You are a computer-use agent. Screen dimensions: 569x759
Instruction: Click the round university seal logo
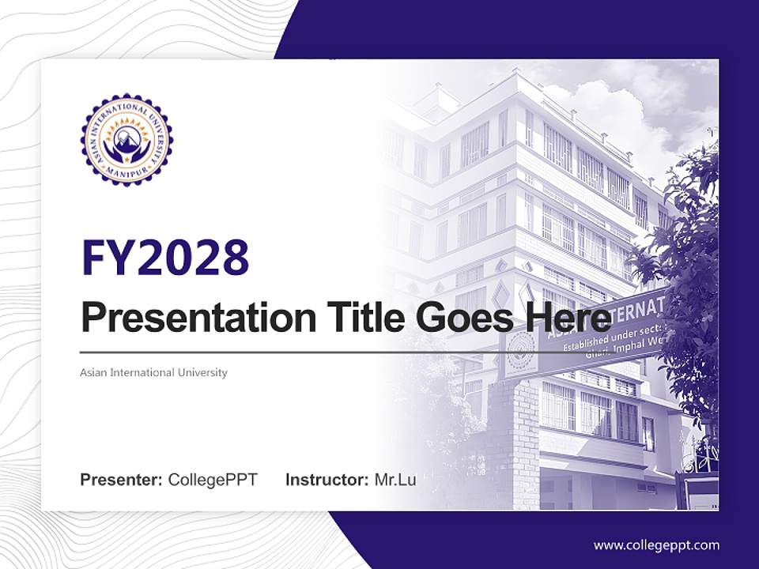pyautogui.click(x=126, y=139)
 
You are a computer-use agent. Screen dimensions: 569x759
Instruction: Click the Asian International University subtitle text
pyautogui.click(x=153, y=372)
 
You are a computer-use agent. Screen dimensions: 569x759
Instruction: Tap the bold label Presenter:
pyautogui.click(x=122, y=480)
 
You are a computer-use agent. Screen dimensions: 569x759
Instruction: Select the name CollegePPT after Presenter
pyautogui.click(x=213, y=480)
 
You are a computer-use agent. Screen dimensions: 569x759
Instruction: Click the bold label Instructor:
pyautogui.click(x=327, y=480)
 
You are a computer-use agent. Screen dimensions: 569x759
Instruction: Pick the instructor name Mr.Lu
pyautogui.click(x=395, y=480)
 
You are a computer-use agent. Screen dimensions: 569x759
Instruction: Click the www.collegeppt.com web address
pyautogui.click(x=656, y=545)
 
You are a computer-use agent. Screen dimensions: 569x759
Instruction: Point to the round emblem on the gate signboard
pyautogui.click(x=520, y=345)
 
